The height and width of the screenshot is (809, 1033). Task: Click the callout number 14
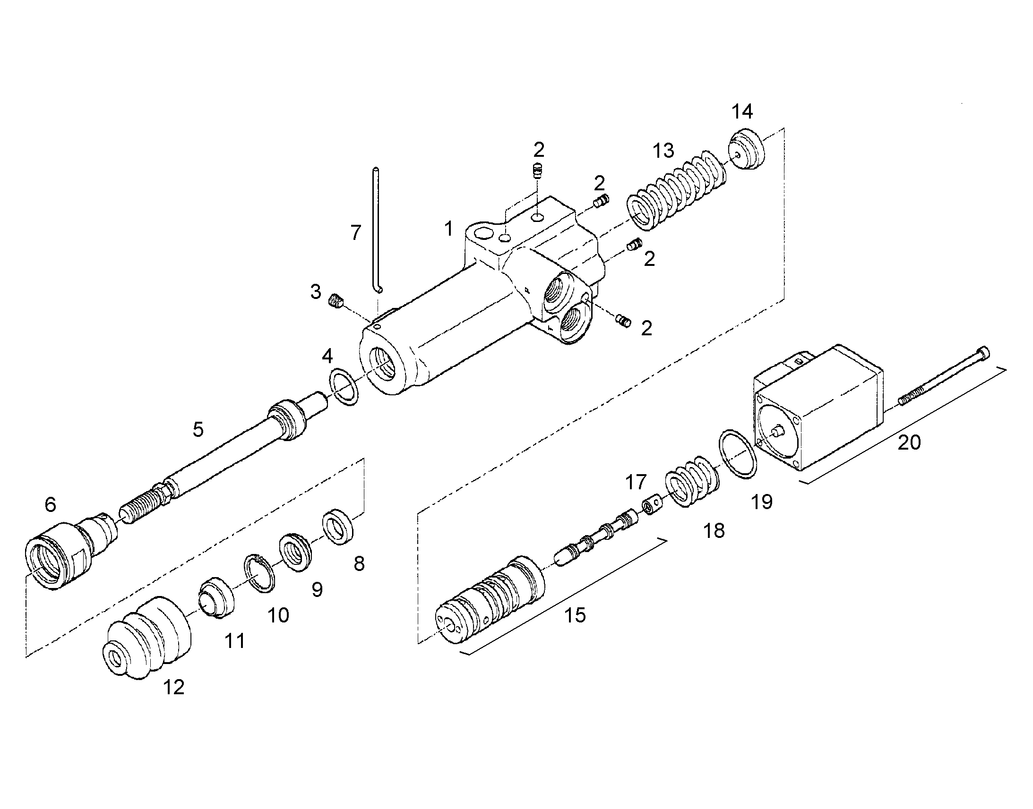(742, 112)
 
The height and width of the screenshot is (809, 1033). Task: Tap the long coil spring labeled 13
(677, 189)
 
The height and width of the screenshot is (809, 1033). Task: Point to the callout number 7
(356, 233)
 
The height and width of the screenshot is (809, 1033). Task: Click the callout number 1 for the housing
(448, 229)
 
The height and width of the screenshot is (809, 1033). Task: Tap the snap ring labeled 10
(259, 573)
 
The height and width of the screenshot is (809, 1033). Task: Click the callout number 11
(234, 641)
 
